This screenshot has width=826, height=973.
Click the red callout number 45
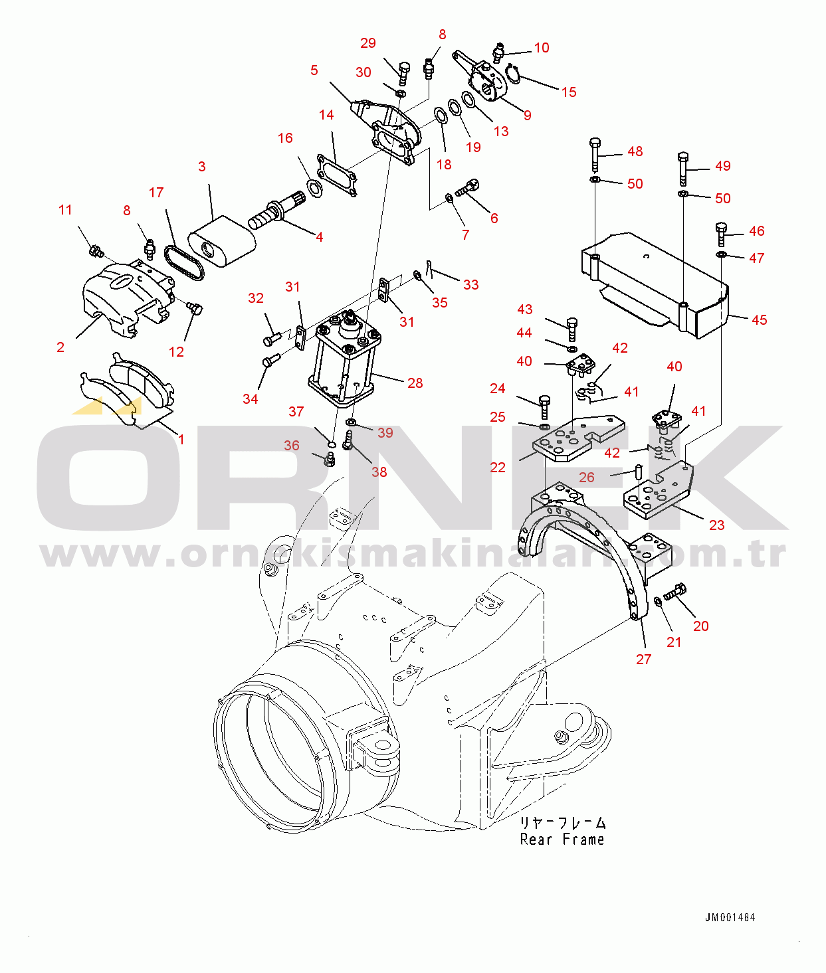pos(759,320)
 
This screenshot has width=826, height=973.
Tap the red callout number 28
pos(415,383)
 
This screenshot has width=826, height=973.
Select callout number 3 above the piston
pos(202,167)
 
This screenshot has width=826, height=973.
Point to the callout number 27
pos(643,660)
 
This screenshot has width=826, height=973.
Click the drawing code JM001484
pos(730,917)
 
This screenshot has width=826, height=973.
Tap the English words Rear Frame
pos(562,840)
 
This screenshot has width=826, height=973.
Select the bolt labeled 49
pos(683,169)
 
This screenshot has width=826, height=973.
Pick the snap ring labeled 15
pos(513,74)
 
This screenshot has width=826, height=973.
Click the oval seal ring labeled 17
pos(184,262)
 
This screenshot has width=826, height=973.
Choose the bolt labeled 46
pos(721,234)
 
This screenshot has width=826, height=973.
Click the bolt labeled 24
pos(544,406)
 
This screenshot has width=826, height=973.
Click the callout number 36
pos(292,446)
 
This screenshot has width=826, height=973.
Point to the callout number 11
pos(66,210)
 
